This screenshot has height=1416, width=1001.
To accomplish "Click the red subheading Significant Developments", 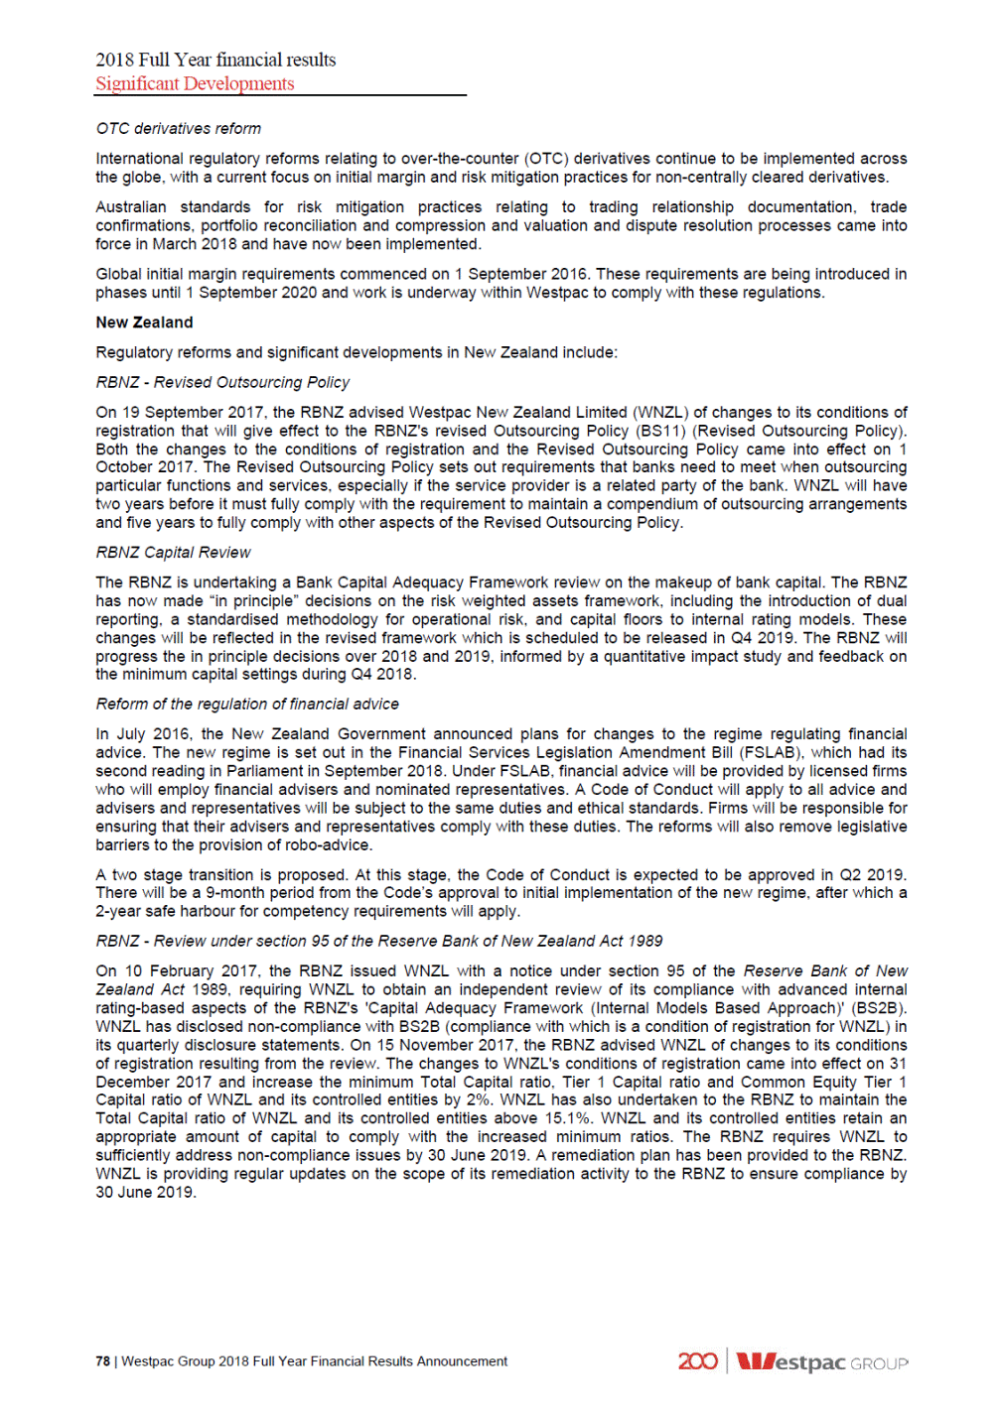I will pos(195,84).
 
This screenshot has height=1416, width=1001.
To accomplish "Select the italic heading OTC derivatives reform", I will pos(179,129).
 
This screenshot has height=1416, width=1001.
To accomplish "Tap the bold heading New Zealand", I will pos(144,322).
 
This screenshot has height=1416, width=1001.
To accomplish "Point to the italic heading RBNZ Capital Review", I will pos(173,553).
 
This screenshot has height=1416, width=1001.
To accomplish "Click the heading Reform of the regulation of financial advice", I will pos(247,705).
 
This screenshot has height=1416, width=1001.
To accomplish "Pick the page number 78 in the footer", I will pos(102,1361).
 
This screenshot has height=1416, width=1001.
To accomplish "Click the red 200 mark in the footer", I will pos(697,1361).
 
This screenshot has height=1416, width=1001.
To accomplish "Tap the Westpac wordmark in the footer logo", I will pos(791,1361).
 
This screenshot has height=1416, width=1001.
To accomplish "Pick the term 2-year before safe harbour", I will pos(118,912).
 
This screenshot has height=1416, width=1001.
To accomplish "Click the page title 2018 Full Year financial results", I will pos(215,60).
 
